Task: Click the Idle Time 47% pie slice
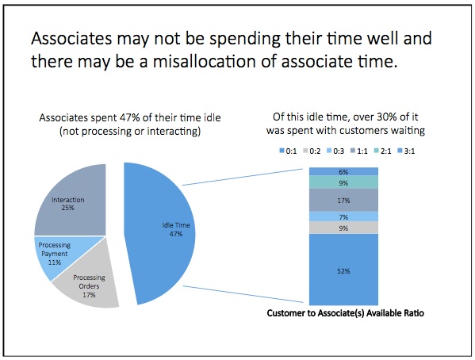tap(163, 233)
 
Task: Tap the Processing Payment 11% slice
tap(58, 255)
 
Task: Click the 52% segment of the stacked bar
tap(343, 270)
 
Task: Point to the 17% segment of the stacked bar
tap(343, 200)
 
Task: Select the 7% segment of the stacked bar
tap(343, 216)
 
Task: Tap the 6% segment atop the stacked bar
tap(343, 171)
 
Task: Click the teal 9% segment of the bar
tap(343, 182)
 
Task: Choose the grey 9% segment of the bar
tap(343, 228)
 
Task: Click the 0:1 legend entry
tap(288, 151)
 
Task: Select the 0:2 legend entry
tap(312, 151)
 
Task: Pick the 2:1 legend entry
tap(382, 151)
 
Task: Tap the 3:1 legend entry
tap(406, 151)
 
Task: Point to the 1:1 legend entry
tap(359, 151)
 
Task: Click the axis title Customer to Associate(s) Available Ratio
tap(345, 313)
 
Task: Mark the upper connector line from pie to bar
tap(243, 177)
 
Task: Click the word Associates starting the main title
tap(71, 39)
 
